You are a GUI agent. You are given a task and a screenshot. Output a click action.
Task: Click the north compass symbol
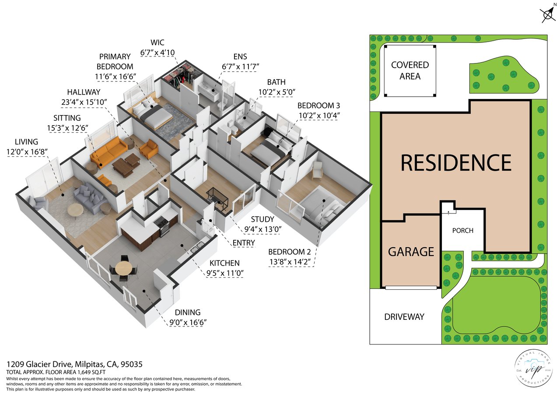[548, 13]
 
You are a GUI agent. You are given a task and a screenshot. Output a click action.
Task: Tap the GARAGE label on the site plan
[411, 252]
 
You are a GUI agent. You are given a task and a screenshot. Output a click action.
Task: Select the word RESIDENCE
[456, 163]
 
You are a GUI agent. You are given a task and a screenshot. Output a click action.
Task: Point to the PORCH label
[463, 230]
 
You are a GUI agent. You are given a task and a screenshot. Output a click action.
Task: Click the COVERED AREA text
[410, 70]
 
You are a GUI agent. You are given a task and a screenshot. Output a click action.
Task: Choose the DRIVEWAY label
[404, 317]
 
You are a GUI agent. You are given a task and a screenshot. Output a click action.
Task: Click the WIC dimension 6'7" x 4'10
[157, 53]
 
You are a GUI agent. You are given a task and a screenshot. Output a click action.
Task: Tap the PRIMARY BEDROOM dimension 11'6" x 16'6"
[115, 77]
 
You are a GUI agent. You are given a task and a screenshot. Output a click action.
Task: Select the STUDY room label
[262, 219]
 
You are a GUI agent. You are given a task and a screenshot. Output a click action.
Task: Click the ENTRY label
[244, 243]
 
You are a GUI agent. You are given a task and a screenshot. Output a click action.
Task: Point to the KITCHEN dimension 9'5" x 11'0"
[225, 273]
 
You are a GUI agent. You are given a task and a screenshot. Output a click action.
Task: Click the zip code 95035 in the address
[132, 364]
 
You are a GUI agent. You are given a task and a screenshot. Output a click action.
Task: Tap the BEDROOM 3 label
[319, 106]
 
